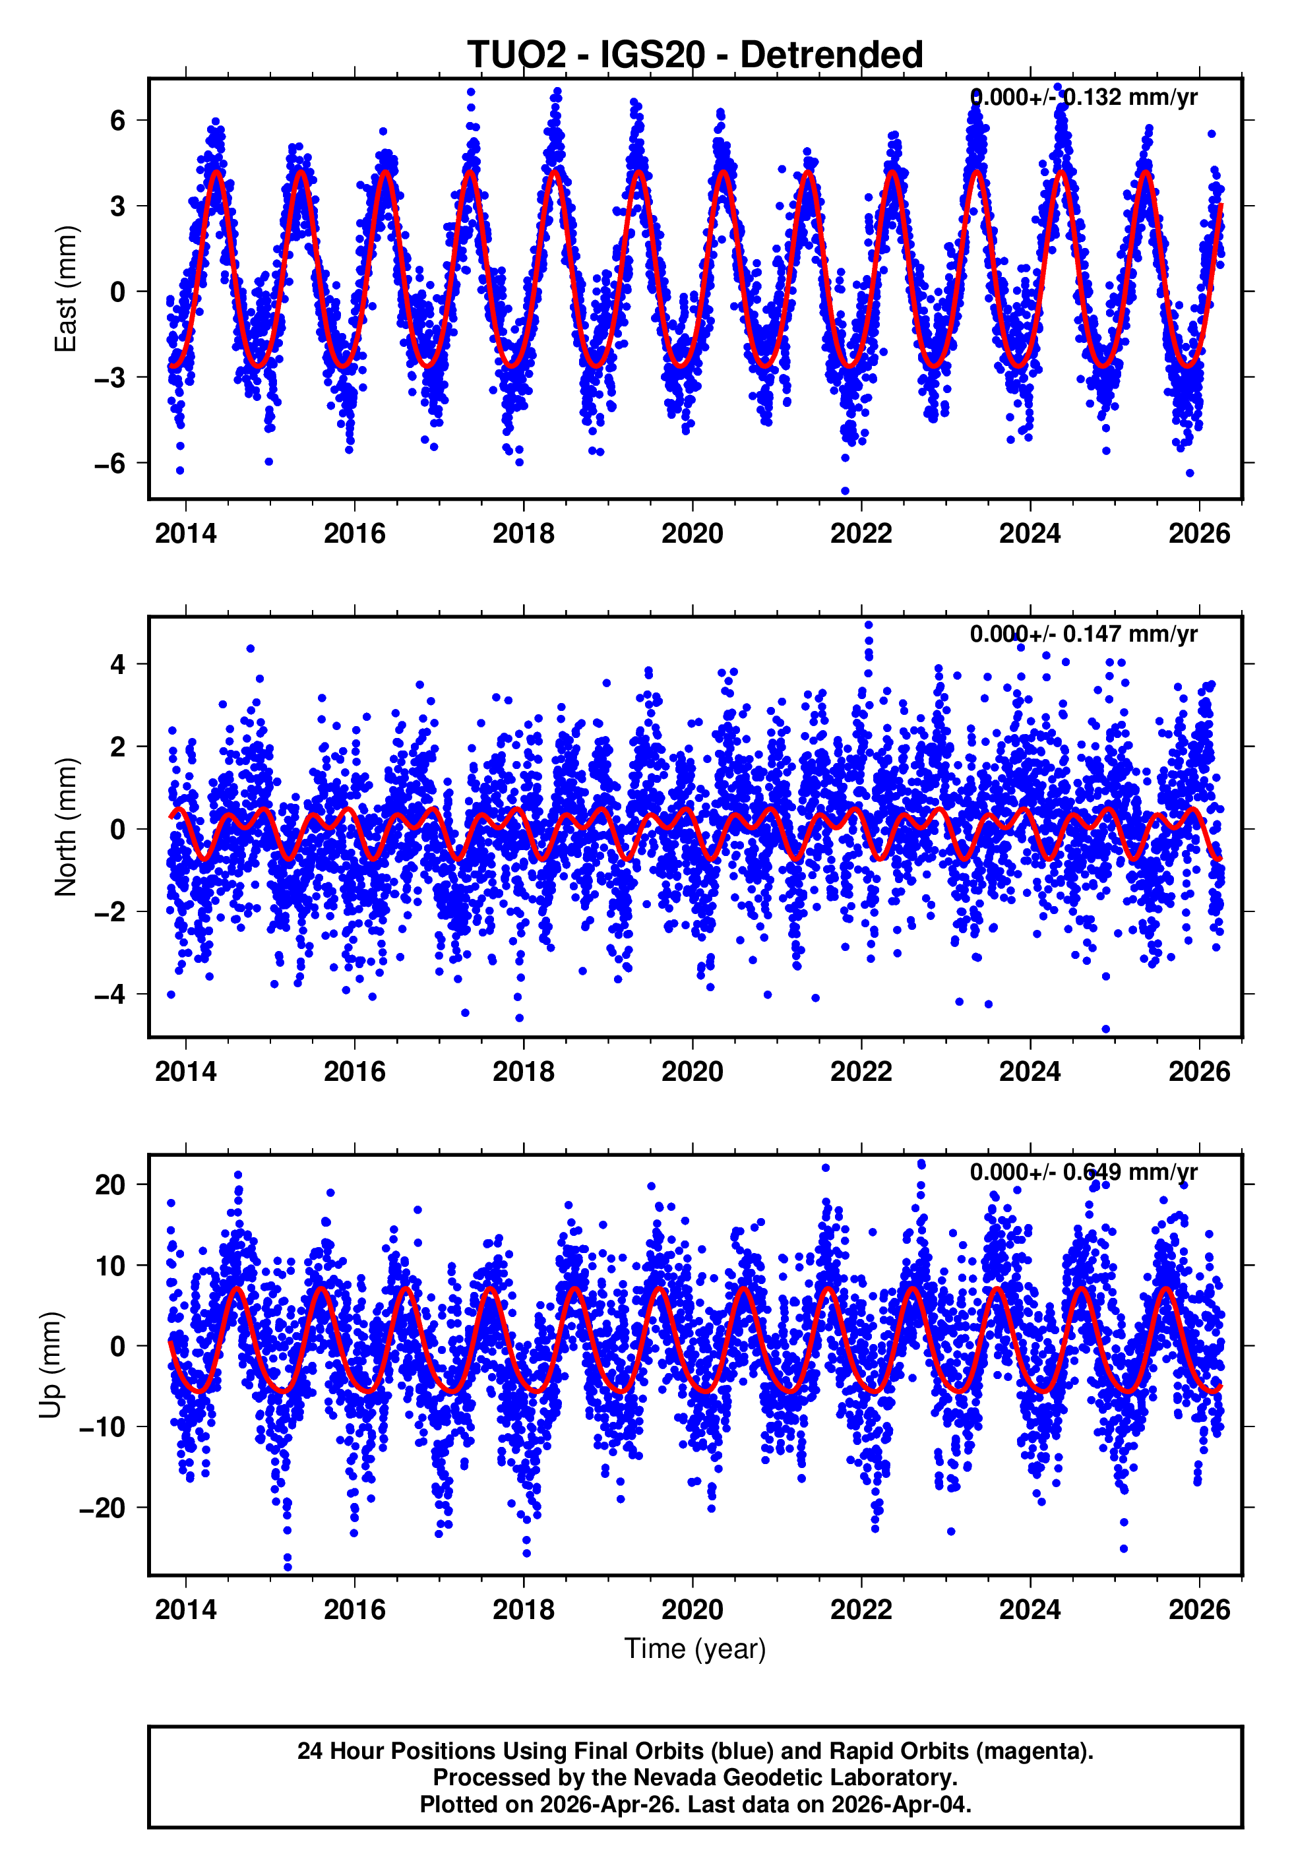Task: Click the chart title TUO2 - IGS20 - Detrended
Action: coord(695,55)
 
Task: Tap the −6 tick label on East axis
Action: coord(110,464)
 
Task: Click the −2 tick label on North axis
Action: coord(110,912)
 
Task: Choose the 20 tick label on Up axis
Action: coord(110,1185)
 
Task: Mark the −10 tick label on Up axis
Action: coord(103,1426)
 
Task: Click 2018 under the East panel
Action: coord(523,534)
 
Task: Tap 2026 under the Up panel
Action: coord(1198,1610)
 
